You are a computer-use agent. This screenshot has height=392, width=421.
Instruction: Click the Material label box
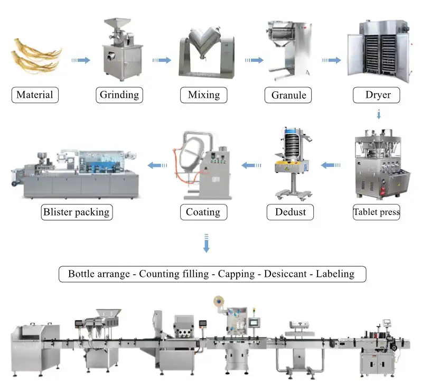pos(35,95)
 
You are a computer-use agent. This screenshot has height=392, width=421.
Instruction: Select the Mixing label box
pos(203,95)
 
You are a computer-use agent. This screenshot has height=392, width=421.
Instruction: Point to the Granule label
pos(288,96)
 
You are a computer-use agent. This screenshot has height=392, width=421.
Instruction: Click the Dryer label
pos(378,95)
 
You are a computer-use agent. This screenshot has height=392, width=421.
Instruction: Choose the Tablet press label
pos(376,212)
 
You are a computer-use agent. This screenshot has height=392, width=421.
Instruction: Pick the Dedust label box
pos(291,212)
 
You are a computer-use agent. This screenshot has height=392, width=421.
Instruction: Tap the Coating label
pos(203,212)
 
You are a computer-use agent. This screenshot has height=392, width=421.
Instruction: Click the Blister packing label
pos(77,212)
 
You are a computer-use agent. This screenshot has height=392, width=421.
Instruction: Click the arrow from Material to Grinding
pos(81,60)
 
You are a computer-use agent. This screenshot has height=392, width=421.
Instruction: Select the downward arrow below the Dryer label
pos(378,115)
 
